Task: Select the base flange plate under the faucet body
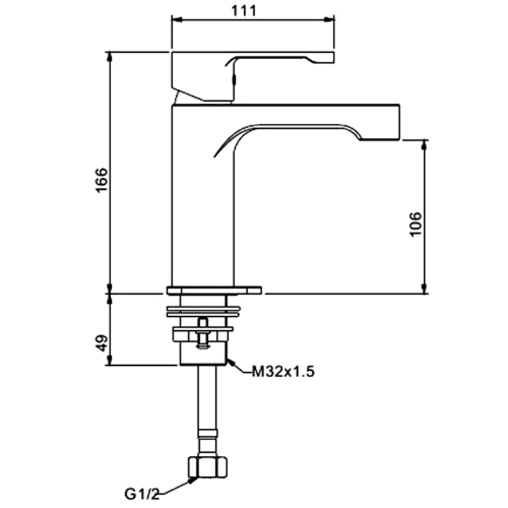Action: click(x=214, y=291)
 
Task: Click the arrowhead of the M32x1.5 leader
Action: click(x=231, y=363)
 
